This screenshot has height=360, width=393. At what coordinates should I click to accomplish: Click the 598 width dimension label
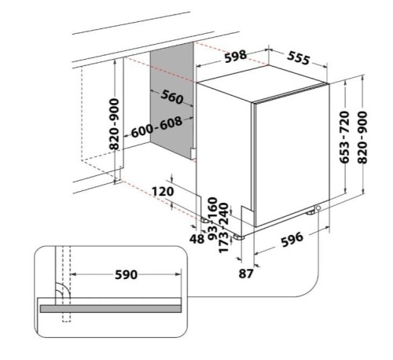(x=236, y=56)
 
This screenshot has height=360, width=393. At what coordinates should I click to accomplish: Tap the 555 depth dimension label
(x=299, y=58)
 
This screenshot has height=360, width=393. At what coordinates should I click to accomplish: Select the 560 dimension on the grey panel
(x=172, y=97)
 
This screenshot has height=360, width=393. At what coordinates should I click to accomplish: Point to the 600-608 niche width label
(x=156, y=127)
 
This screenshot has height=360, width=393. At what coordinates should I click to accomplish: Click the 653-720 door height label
(x=345, y=137)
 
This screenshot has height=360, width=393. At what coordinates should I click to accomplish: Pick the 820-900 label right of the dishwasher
(x=362, y=138)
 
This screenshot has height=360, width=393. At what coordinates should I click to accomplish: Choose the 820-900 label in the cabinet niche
(x=114, y=124)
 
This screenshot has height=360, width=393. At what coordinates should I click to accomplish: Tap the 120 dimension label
(x=163, y=191)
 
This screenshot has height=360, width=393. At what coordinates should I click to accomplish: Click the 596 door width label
(x=292, y=239)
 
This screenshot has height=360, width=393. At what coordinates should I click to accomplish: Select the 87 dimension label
(x=246, y=274)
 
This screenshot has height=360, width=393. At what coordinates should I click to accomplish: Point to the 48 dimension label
(x=196, y=239)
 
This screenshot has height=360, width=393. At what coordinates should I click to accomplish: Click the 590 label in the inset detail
(x=126, y=274)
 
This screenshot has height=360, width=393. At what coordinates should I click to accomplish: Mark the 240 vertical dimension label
(x=224, y=214)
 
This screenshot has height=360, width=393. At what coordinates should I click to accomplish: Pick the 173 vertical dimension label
(x=223, y=242)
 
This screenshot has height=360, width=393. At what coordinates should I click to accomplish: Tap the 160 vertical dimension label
(x=213, y=208)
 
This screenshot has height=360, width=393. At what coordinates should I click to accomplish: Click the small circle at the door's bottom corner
(x=318, y=208)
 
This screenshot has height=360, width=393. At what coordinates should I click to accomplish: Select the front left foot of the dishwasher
(x=238, y=237)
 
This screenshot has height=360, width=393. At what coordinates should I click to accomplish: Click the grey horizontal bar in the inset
(x=111, y=308)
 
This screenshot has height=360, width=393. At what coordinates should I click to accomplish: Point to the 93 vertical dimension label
(x=213, y=233)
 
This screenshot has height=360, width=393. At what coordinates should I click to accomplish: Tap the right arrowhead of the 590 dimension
(x=178, y=274)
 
